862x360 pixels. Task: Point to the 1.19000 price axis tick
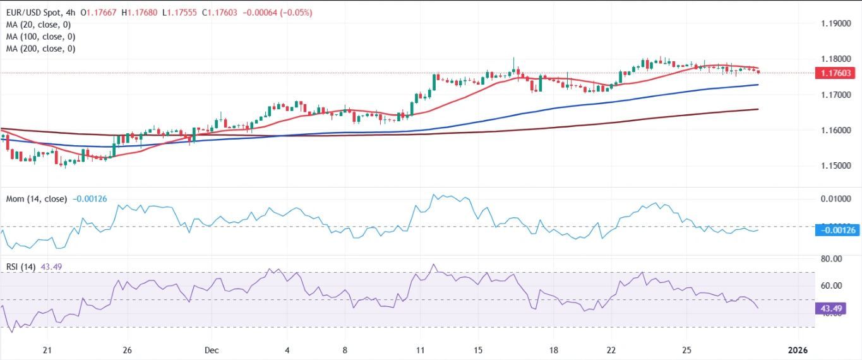click(x=835, y=23)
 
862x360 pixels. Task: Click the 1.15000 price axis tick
click(x=835, y=165)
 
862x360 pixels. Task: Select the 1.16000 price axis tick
click(x=835, y=130)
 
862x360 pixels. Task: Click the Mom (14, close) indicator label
click(x=36, y=199)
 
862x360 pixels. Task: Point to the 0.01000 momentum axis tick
click(x=835, y=199)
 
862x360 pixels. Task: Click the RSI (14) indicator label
click(x=21, y=267)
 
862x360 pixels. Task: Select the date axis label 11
click(x=421, y=350)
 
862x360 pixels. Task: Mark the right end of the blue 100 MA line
click(x=758, y=85)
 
